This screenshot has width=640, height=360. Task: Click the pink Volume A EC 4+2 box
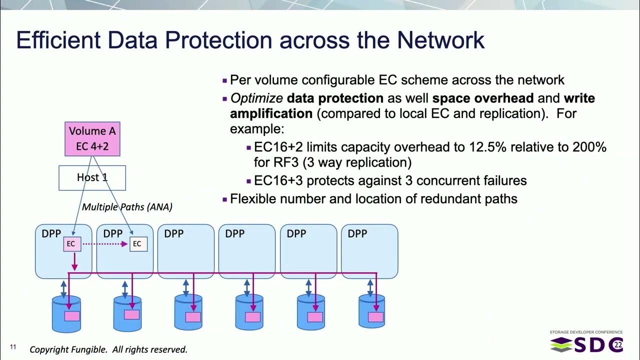[92, 138]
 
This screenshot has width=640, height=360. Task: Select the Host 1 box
[92, 177]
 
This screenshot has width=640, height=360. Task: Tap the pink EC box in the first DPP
[71, 244]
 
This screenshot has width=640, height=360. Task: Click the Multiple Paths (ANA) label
[127, 207]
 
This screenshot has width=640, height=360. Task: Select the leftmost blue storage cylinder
[66, 313]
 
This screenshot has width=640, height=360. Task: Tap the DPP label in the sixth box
[357, 233]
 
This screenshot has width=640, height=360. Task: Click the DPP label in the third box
[173, 233]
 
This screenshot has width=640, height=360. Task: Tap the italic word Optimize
[256, 98]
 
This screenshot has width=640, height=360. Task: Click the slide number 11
[13, 347]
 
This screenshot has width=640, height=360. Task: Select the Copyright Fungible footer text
[108, 349]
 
